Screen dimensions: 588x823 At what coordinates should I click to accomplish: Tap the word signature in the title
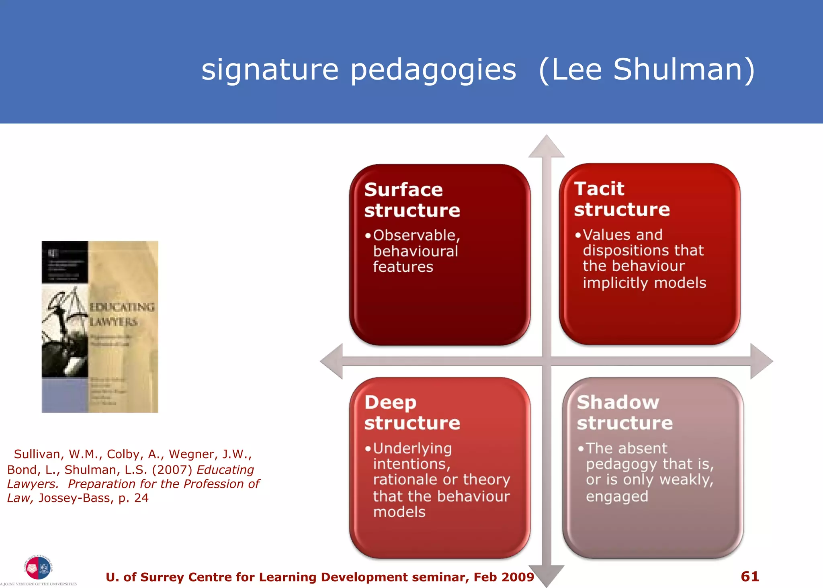point(270,70)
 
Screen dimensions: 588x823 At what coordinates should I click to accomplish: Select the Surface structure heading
point(411,200)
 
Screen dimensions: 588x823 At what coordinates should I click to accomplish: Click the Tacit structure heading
point(621,199)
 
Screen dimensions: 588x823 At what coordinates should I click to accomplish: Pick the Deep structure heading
point(411,412)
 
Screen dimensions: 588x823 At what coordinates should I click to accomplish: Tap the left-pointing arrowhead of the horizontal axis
point(332,361)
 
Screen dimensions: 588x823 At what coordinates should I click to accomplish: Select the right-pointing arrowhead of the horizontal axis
point(761,361)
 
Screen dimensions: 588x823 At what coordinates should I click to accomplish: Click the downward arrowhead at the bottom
point(546,577)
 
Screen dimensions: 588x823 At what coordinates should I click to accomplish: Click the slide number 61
point(749,576)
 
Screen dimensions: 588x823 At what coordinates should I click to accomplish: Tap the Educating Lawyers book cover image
point(100,326)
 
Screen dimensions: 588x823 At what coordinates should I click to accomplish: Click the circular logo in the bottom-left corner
point(38,568)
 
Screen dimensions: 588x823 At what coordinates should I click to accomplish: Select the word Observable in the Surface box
point(416,235)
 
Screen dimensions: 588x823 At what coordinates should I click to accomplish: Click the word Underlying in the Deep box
point(412,448)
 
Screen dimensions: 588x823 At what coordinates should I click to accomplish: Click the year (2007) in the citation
point(172,469)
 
